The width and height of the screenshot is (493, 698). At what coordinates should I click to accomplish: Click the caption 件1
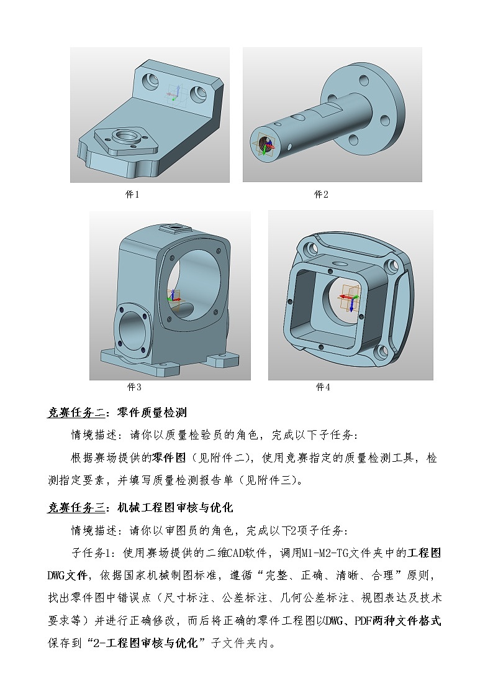[x=132, y=195]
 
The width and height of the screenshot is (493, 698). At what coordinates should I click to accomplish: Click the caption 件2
[x=321, y=195]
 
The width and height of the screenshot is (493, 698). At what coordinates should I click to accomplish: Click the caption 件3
[x=134, y=387]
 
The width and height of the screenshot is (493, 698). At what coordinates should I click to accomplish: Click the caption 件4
[x=323, y=387]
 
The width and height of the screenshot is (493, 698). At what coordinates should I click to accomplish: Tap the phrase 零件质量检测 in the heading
[x=152, y=413]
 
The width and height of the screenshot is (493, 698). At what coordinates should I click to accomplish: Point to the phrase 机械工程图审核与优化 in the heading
[x=175, y=508]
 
